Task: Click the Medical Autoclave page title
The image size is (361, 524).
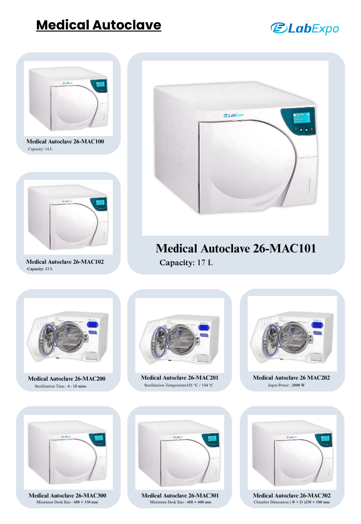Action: point(99,25)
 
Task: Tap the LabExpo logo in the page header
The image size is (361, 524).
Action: point(305,28)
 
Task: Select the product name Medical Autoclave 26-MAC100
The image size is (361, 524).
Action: point(65,141)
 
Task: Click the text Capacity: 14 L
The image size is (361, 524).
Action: point(40,149)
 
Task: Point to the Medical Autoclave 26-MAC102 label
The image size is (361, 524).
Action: point(65,262)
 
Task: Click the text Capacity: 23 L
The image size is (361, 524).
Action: point(40,269)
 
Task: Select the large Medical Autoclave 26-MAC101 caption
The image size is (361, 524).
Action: point(236,248)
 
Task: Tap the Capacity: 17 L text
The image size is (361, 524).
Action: point(186,263)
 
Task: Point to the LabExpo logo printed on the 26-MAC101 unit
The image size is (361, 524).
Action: point(233,115)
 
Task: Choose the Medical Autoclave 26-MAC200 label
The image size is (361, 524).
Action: point(67,379)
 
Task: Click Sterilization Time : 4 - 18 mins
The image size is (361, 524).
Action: point(60,386)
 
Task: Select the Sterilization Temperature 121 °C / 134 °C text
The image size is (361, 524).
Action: point(179,385)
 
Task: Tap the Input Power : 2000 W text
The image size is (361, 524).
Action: point(286,385)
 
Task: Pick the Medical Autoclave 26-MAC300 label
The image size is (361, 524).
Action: point(67,496)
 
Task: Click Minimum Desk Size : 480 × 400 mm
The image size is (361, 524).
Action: point(180,502)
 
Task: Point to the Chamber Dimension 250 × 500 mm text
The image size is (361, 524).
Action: point(292,502)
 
